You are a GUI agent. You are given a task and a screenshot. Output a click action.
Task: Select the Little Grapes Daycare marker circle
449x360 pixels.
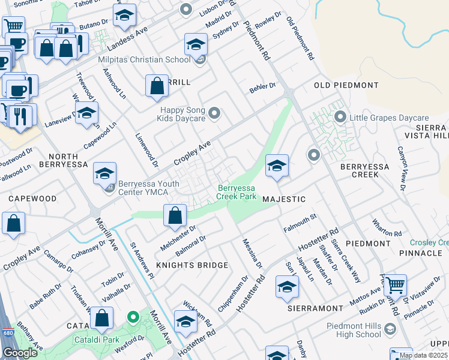[340, 117]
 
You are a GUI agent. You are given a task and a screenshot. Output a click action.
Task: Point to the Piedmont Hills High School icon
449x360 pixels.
[390, 329]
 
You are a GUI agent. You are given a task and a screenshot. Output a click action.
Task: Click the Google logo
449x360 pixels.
[20, 353]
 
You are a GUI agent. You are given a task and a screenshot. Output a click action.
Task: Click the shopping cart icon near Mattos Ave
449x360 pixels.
[395, 286]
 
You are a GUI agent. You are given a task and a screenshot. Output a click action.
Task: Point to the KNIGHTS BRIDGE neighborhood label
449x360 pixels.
[192, 265]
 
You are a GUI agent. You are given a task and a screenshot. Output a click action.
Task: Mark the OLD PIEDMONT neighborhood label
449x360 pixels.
[346, 86]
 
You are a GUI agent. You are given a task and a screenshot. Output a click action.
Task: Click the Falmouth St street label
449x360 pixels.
[300, 227]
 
